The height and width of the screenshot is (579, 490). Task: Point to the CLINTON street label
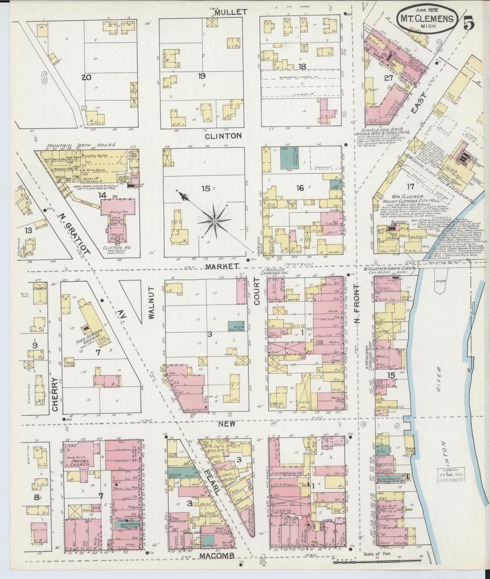coord(223,136)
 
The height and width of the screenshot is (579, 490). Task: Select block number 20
coord(86,78)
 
